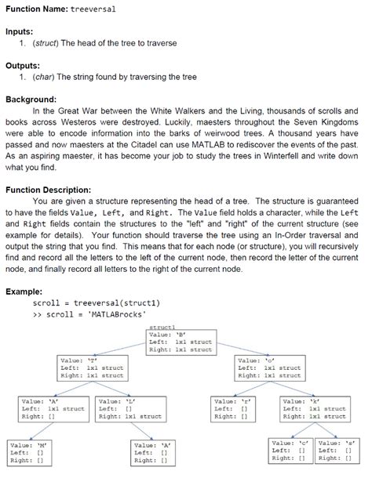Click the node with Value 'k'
pyautogui.click(x=315, y=409)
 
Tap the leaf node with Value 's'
pyautogui.click(x=337, y=450)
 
